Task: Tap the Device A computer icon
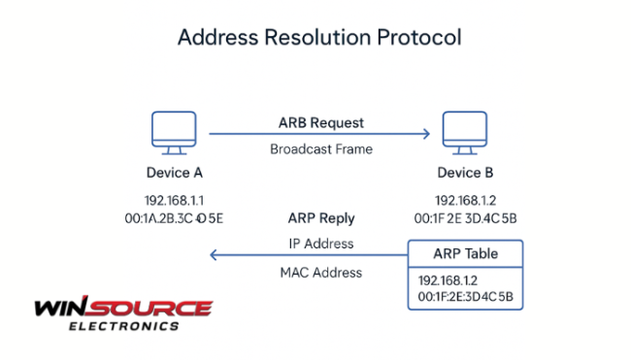pos(172,133)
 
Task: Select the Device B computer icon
pos(464,133)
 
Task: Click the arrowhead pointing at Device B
pos(425,135)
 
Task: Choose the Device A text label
pos(173,175)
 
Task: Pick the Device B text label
pos(464,175)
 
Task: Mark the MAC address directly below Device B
pos(465,218)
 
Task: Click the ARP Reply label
pos(321,218)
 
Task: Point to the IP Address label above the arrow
pos(321,243)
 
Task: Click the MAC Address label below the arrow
pos(321,273)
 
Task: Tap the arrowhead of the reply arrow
pos(215,255)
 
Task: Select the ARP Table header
pos(465,253)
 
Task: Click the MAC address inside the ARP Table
pos(465,295)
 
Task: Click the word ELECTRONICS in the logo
pos(123,326)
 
